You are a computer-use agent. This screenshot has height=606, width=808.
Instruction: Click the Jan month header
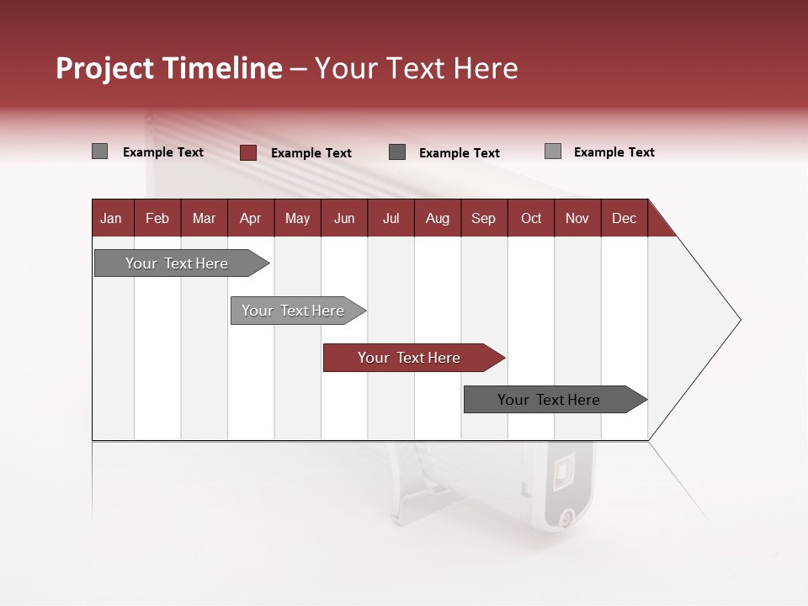[112, 218]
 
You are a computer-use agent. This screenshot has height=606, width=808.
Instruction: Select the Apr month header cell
[251, 218]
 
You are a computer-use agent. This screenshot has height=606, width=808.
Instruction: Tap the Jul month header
[391, 218]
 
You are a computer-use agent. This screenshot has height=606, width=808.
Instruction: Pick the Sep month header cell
[484, 218]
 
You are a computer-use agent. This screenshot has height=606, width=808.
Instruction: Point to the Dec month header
[624, 218]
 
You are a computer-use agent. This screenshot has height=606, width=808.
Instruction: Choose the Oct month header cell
[531, 218]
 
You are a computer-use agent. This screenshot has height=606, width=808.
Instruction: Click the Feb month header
[157, 218]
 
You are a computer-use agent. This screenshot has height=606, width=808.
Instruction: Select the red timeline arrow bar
[412, 358]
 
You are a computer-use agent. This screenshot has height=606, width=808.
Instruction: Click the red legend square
[248, 152]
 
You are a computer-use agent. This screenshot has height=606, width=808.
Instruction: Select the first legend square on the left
[99, 151]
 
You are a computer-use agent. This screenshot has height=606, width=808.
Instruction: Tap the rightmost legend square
[553, 151]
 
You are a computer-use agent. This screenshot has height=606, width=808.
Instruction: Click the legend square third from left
[397, 152]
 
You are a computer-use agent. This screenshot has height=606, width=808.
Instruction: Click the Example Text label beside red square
[311, 153]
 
